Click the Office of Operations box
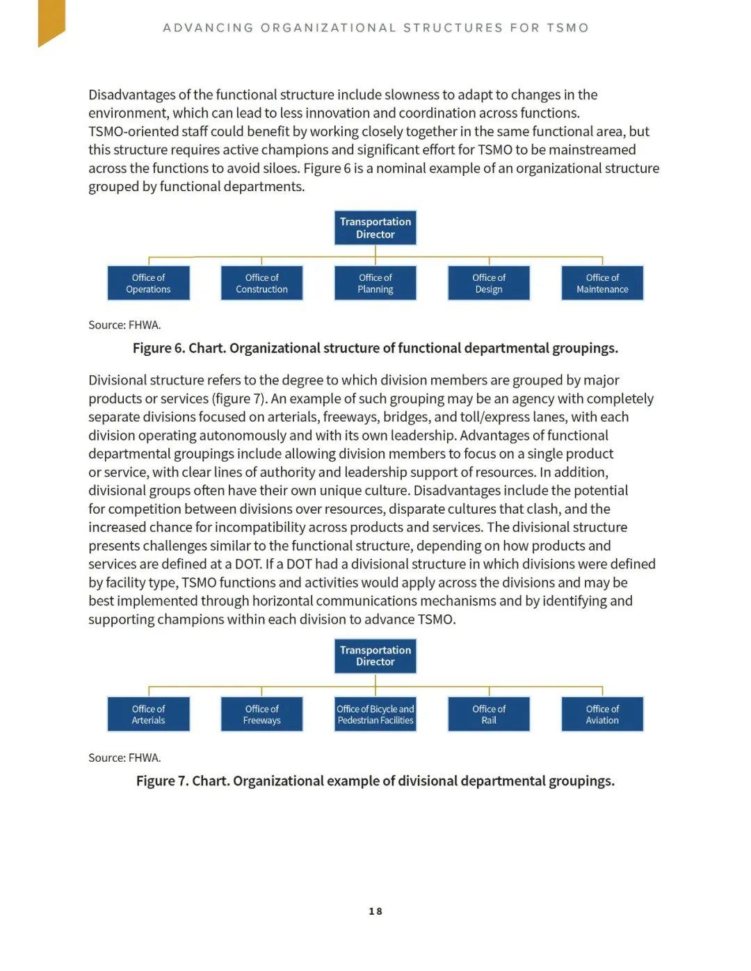coord(148,284)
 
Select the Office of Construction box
coord(261,284)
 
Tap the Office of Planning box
coord(375,284)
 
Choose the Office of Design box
coord(489,284)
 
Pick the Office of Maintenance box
coord(602,284)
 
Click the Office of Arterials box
coord(148,715)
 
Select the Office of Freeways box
coord(261,715)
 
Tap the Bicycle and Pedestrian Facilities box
coord(375,715)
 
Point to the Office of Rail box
coord(489,715)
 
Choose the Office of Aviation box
coord(602,715)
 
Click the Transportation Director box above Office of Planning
coord(375,228)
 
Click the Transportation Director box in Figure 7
coord(375,656)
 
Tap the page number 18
coord(375,911)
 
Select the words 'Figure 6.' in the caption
coord(159,348)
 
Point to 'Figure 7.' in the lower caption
coord(162,781)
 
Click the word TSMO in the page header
coord(567,28)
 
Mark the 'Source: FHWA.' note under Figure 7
coord(124,758)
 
